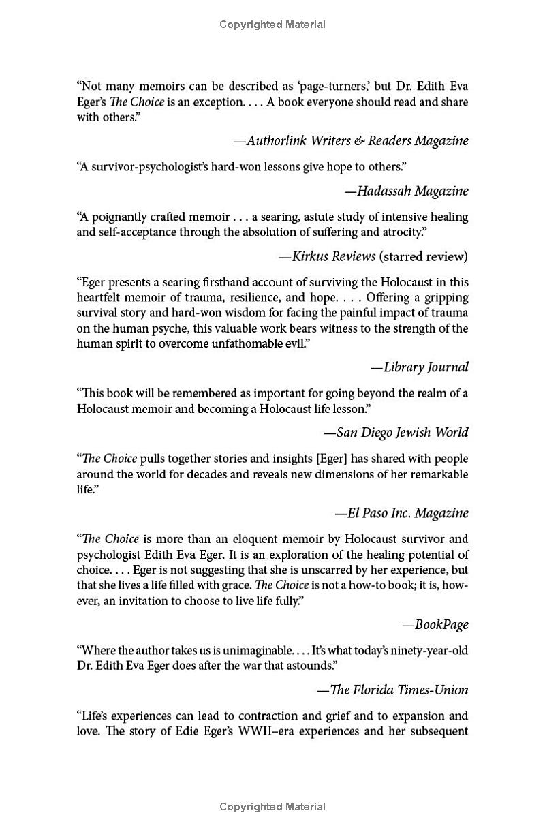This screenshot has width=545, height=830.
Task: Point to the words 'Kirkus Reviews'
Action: tap(334, 257)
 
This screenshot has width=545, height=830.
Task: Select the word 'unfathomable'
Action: tap(232, 343)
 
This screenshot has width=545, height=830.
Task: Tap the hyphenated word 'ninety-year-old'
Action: tap(429, 650)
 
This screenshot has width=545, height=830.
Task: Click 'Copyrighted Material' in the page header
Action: tap(272, 25)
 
